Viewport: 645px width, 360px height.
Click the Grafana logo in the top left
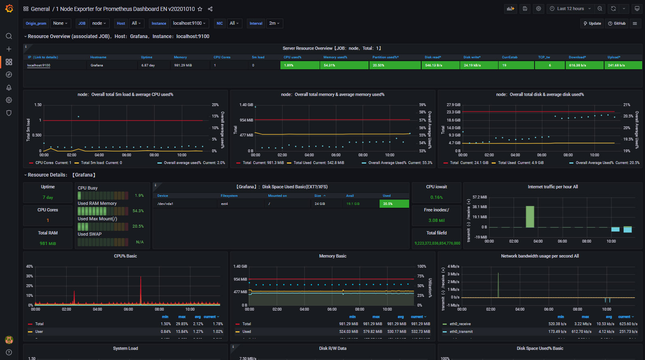point(9,9)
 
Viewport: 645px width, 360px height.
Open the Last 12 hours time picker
point(570,9)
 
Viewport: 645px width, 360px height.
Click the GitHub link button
point(617,23)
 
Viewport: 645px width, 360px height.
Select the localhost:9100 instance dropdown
point(189,23)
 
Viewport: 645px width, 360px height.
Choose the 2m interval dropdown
point(274,23)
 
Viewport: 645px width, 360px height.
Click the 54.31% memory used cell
point(344,65)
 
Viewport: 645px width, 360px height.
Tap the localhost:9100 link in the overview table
point(38,65)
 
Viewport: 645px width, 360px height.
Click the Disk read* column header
point(433,57)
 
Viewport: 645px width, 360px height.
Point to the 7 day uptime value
point(48,198)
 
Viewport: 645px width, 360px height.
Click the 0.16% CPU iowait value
point(436,198)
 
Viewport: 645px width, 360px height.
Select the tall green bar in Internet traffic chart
point(530,217)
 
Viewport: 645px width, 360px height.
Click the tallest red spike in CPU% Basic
point(140,290)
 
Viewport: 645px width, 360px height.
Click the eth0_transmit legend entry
point(461,332)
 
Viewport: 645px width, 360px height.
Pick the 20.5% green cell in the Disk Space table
point(394,204)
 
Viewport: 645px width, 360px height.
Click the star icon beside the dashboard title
point(200,9)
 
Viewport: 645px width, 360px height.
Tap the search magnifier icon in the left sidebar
point(9,36)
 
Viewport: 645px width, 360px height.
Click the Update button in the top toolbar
point(592,23)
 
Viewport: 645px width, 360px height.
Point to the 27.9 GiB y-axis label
point(453,105)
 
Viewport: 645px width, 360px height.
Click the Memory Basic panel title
point(332,256)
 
